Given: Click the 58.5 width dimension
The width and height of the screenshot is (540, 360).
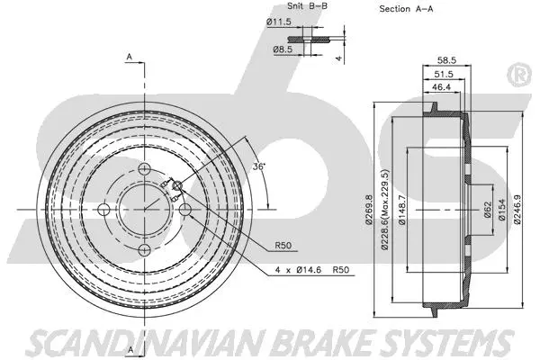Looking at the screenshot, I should tap(445, 60).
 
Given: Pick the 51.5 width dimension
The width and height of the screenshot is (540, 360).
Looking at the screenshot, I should tap(444, 75).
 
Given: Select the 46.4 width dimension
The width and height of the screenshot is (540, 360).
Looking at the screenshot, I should tap(441, 89).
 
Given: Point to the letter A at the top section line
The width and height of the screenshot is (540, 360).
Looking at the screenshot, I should tap(130, 57).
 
